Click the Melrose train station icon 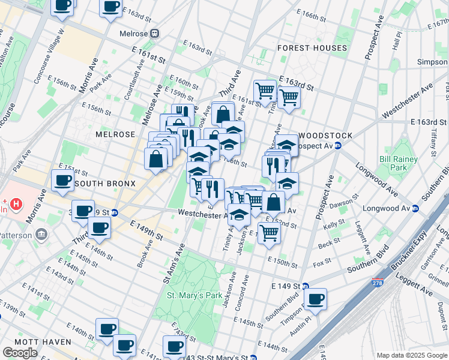[x=154, y=34]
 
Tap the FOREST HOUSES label [x=312, y=48]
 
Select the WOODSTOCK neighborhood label [x=325, y=136]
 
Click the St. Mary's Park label [x=194, y=295]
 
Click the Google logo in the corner [x=20, y=352]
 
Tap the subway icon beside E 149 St [x=305, y=287]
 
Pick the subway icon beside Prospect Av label [x=338, y=146]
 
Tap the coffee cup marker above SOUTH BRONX [x=62, y=179]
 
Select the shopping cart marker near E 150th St [x=270, y=233]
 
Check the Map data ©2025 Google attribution [x=412, y=355]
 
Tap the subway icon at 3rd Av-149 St [x=115, y=212]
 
